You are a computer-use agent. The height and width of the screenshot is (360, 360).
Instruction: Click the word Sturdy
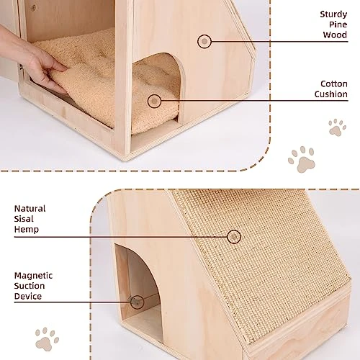[x=333, y=14]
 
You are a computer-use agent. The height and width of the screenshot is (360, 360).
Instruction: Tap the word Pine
[x=338, y=24]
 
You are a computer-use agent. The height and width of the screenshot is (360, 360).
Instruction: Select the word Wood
[x=335, y=35]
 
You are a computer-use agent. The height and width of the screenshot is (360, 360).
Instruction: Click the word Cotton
[x=334, y=84]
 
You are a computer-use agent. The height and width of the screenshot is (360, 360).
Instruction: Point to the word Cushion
[x=331, y=94]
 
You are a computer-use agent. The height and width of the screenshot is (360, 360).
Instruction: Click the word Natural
[x=30, y=209]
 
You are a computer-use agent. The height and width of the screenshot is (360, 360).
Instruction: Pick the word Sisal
[x=24, y=219]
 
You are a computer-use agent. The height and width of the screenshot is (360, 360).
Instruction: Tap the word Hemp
[x=27, y=230]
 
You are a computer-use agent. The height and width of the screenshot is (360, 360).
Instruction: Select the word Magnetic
[x=33, y=276]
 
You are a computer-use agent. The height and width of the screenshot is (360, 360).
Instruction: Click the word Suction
[x=30, y=286]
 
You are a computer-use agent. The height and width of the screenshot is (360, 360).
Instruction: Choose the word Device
[x=28, y=296]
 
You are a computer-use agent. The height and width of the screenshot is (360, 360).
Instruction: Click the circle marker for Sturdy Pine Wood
[x=204, y=42]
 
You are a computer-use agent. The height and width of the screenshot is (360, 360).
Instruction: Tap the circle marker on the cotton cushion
[x=154, y=101]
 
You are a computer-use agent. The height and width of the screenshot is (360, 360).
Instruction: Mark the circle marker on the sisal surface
[x=234, y=237]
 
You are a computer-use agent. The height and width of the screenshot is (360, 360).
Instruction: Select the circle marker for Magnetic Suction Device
[x=137, y=302]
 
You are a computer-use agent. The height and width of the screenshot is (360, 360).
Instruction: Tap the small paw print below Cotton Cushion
[x=337, y=127]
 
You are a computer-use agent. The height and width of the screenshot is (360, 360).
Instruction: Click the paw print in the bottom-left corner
[x=47, y=339]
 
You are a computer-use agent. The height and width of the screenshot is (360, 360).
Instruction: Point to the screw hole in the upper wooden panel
[x=33, y=7]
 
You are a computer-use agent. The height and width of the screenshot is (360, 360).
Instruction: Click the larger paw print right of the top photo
[x=302, y=159]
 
